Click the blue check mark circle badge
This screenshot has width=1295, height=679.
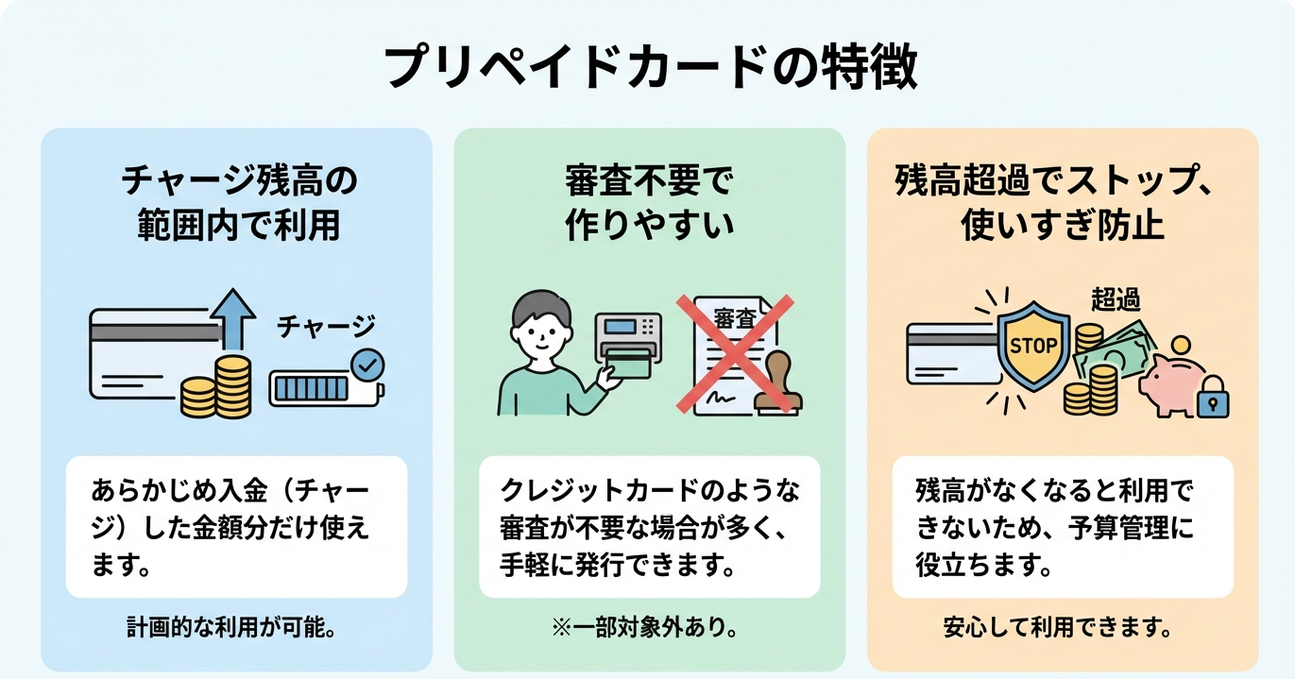tap(366, 364)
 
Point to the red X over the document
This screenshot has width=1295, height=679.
tap(734, 353)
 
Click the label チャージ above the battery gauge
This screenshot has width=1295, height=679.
tap(326, 327)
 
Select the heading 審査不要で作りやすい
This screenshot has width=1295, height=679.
tap(648, 204)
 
